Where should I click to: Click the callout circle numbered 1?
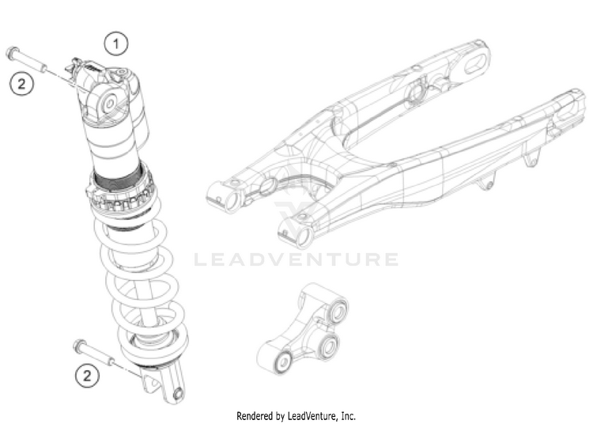point(117,44)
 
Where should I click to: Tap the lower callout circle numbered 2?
point(88,374)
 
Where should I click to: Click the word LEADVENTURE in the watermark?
point(296,259)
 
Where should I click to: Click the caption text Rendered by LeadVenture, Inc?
point(296,415)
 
